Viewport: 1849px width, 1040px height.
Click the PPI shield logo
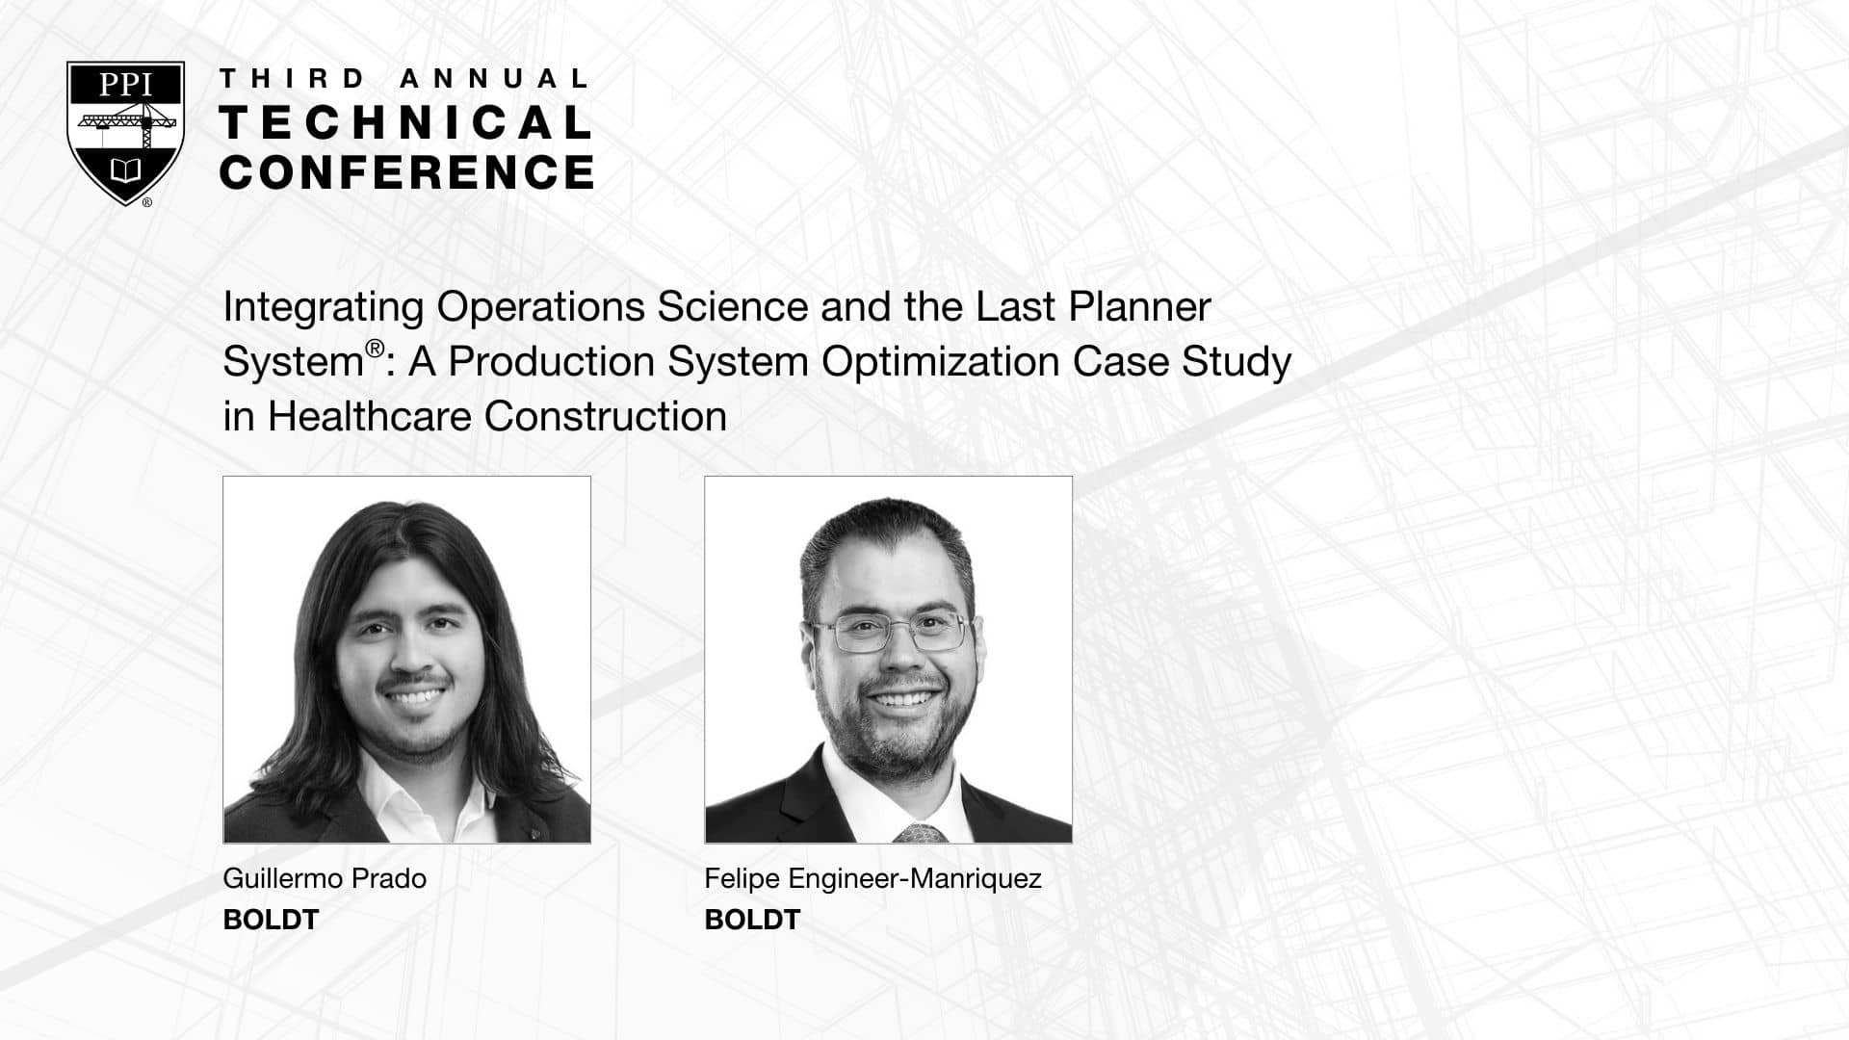tap(125, 133)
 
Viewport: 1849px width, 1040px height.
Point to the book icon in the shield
tap(126, 171)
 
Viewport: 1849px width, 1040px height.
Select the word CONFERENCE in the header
tap(406, 172)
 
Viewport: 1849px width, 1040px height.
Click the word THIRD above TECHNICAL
tap(293, 79)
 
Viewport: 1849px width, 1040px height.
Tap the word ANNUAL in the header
tap(493, 79)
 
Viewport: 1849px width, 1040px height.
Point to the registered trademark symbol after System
tap(376, 348)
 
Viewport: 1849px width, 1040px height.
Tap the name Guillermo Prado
tap(325, 878)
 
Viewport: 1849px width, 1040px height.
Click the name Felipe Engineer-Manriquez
tap(873, 879)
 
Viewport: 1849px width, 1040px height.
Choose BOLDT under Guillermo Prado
tap(271, 921)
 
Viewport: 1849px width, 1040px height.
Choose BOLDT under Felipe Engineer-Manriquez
tap(752, 921)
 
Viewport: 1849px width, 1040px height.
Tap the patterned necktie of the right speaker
tap(920, 833)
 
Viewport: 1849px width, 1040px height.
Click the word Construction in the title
tap(606, 417)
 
